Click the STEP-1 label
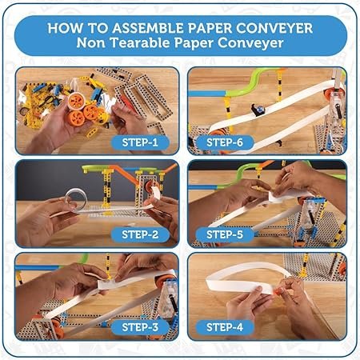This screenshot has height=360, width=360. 140,142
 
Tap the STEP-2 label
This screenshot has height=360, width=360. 140,234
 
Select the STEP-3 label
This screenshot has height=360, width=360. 140,327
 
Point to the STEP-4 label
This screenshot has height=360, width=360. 225,327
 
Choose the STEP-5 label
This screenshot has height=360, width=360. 225,234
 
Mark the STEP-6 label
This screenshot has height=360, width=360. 225,142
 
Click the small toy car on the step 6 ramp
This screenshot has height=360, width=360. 258,110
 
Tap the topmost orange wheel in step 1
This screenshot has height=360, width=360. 76,101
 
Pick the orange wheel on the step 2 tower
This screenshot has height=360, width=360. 150,186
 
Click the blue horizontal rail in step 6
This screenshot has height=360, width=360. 207,94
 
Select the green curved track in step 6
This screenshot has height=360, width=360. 248,86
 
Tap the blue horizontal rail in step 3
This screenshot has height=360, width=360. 38,267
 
